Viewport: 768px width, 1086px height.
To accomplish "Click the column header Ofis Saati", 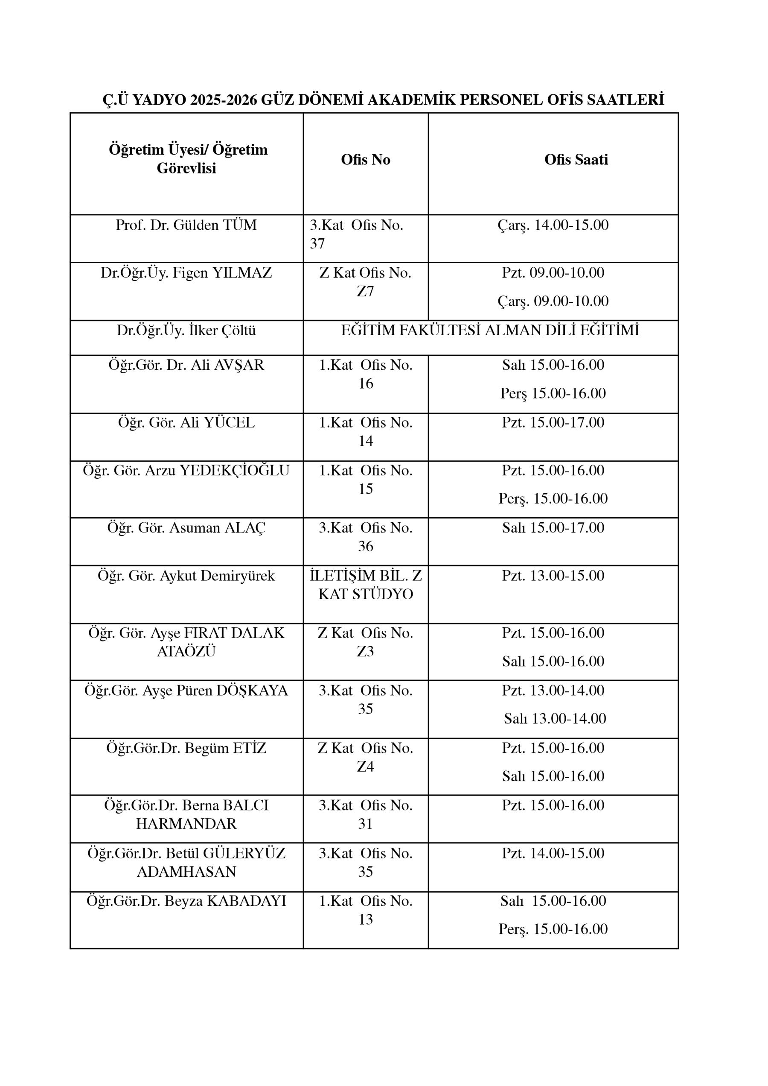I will (x=576, y=159).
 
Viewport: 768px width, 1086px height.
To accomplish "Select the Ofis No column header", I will (x=365, y=159).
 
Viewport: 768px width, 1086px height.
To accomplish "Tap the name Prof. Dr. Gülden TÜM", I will (x=186, y=225).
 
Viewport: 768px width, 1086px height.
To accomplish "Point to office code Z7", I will (x=365, y=292).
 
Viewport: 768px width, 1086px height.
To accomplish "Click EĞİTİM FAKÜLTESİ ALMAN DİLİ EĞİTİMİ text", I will (x=490, y=330).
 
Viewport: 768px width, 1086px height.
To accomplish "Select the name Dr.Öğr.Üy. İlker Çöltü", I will (x=186, y=330).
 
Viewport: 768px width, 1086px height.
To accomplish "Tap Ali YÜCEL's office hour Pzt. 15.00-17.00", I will (x=553, y=422).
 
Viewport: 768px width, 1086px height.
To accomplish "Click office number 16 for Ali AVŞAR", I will (x=365, y=383).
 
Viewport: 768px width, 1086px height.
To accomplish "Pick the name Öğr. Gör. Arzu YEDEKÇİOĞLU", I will (x=186, y=470).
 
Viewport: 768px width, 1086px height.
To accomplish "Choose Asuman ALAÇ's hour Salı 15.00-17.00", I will (x=553, y=527).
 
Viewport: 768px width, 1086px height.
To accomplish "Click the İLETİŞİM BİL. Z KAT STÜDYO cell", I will (x=365, y=585).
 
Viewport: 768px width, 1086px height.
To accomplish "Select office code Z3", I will (x=365, y=652).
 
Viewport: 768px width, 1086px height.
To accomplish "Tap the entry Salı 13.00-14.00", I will (x=555, y=718).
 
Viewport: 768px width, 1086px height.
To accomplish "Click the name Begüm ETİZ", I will (x=186, y=748).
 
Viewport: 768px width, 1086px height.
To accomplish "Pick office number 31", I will (x=365, y=824).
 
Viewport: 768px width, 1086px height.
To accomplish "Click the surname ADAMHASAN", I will (x=186, y=872).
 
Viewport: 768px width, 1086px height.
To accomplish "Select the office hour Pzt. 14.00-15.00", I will (x=553, y=853).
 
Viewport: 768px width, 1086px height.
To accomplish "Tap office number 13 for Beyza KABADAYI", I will (x=365, y=919).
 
